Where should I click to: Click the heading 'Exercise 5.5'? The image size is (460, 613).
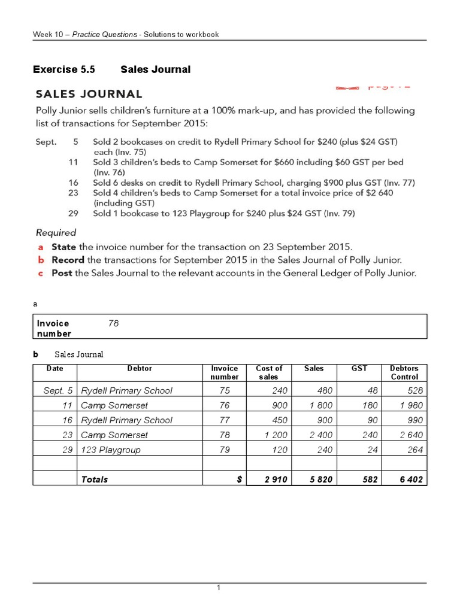64,69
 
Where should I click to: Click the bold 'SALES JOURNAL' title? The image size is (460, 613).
89,94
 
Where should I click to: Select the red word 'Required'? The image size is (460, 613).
56,232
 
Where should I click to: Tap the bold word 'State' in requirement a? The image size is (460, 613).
64,247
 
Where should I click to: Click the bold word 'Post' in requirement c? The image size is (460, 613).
62,273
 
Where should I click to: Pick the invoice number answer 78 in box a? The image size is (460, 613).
114,323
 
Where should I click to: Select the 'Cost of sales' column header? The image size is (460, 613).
269,372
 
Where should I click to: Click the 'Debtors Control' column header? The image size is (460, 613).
404,372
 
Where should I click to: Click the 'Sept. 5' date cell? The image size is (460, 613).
58,390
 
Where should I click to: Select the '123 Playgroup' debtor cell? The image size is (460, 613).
110,450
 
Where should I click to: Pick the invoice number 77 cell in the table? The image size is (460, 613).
224,420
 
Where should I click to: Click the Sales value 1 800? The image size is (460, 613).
322,405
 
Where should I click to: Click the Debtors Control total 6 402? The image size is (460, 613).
411,479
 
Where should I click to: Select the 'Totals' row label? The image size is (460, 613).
95,479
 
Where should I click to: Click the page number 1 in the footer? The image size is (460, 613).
219,588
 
